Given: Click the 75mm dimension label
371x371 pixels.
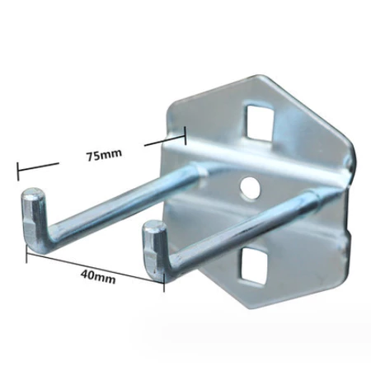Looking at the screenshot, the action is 104,156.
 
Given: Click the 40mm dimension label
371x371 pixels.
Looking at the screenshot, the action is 98,276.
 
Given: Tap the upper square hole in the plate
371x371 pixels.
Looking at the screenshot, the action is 260,122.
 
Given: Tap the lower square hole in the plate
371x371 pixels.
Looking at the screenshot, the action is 254,265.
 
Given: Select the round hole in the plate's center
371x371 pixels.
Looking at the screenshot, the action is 250,187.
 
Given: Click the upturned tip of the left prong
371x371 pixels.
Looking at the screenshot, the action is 33,192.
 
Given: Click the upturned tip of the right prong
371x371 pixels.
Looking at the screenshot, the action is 154,226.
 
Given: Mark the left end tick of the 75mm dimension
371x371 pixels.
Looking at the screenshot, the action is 18,171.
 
